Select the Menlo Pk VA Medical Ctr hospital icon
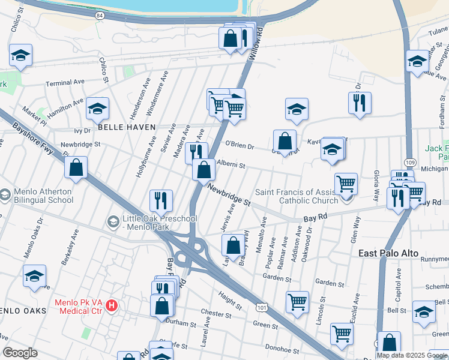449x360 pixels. pos(112,307)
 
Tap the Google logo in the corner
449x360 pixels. pos(20,352)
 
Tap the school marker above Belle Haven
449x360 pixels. pos(97,109)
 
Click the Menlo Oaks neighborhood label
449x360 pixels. pos(21,310)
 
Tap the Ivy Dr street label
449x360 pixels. pos(82,130)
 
